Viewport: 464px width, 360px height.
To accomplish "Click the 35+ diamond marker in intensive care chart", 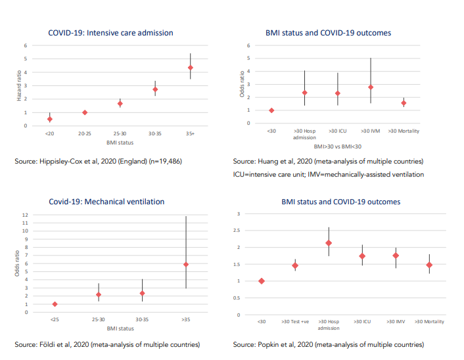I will coord(191,68).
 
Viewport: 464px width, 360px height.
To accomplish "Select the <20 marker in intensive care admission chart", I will coord(50,119).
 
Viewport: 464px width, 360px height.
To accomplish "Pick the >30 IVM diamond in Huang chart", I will coord(371,87).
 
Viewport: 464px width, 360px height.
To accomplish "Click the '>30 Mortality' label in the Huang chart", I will coord(404,131).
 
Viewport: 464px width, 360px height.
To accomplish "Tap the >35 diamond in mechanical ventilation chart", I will coord(186,265).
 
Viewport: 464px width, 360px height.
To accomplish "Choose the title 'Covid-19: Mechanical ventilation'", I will coord(106,201).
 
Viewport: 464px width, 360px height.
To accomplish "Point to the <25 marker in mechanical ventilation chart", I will coord(55,304).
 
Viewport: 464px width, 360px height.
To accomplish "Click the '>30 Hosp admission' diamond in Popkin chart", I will coord(328,243).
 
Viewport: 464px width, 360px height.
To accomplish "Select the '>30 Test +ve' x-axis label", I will coord(295,321).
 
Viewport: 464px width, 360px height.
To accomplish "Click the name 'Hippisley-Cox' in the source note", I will coord(60,162).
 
